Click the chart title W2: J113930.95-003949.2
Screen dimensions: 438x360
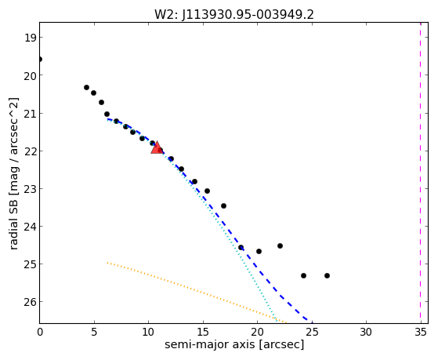point(234,14)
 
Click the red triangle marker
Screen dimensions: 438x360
point(157,147)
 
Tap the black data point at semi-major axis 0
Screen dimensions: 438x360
point(40,60)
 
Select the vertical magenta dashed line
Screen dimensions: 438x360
point(421,173)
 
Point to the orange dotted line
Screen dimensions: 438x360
point(197,293)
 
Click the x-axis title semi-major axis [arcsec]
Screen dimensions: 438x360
point(234,344)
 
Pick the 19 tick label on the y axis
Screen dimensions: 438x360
point(30,38)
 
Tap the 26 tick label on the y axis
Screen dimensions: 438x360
point(30,302)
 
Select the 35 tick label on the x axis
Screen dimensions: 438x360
point(421,332)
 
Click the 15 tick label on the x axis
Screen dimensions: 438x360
point(203,332)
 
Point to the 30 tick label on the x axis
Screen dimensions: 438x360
point(366,332)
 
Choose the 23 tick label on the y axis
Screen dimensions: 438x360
point(30,188)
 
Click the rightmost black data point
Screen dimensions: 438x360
point(327,276)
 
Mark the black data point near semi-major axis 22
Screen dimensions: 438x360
point(280,245)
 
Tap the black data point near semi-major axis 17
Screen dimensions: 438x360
point(223,205)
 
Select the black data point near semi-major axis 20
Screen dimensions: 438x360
point(259,252)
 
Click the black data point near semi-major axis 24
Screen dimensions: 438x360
point(304,276)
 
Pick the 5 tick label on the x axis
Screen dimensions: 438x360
point(94,332)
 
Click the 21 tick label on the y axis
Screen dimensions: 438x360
point(30,113)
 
